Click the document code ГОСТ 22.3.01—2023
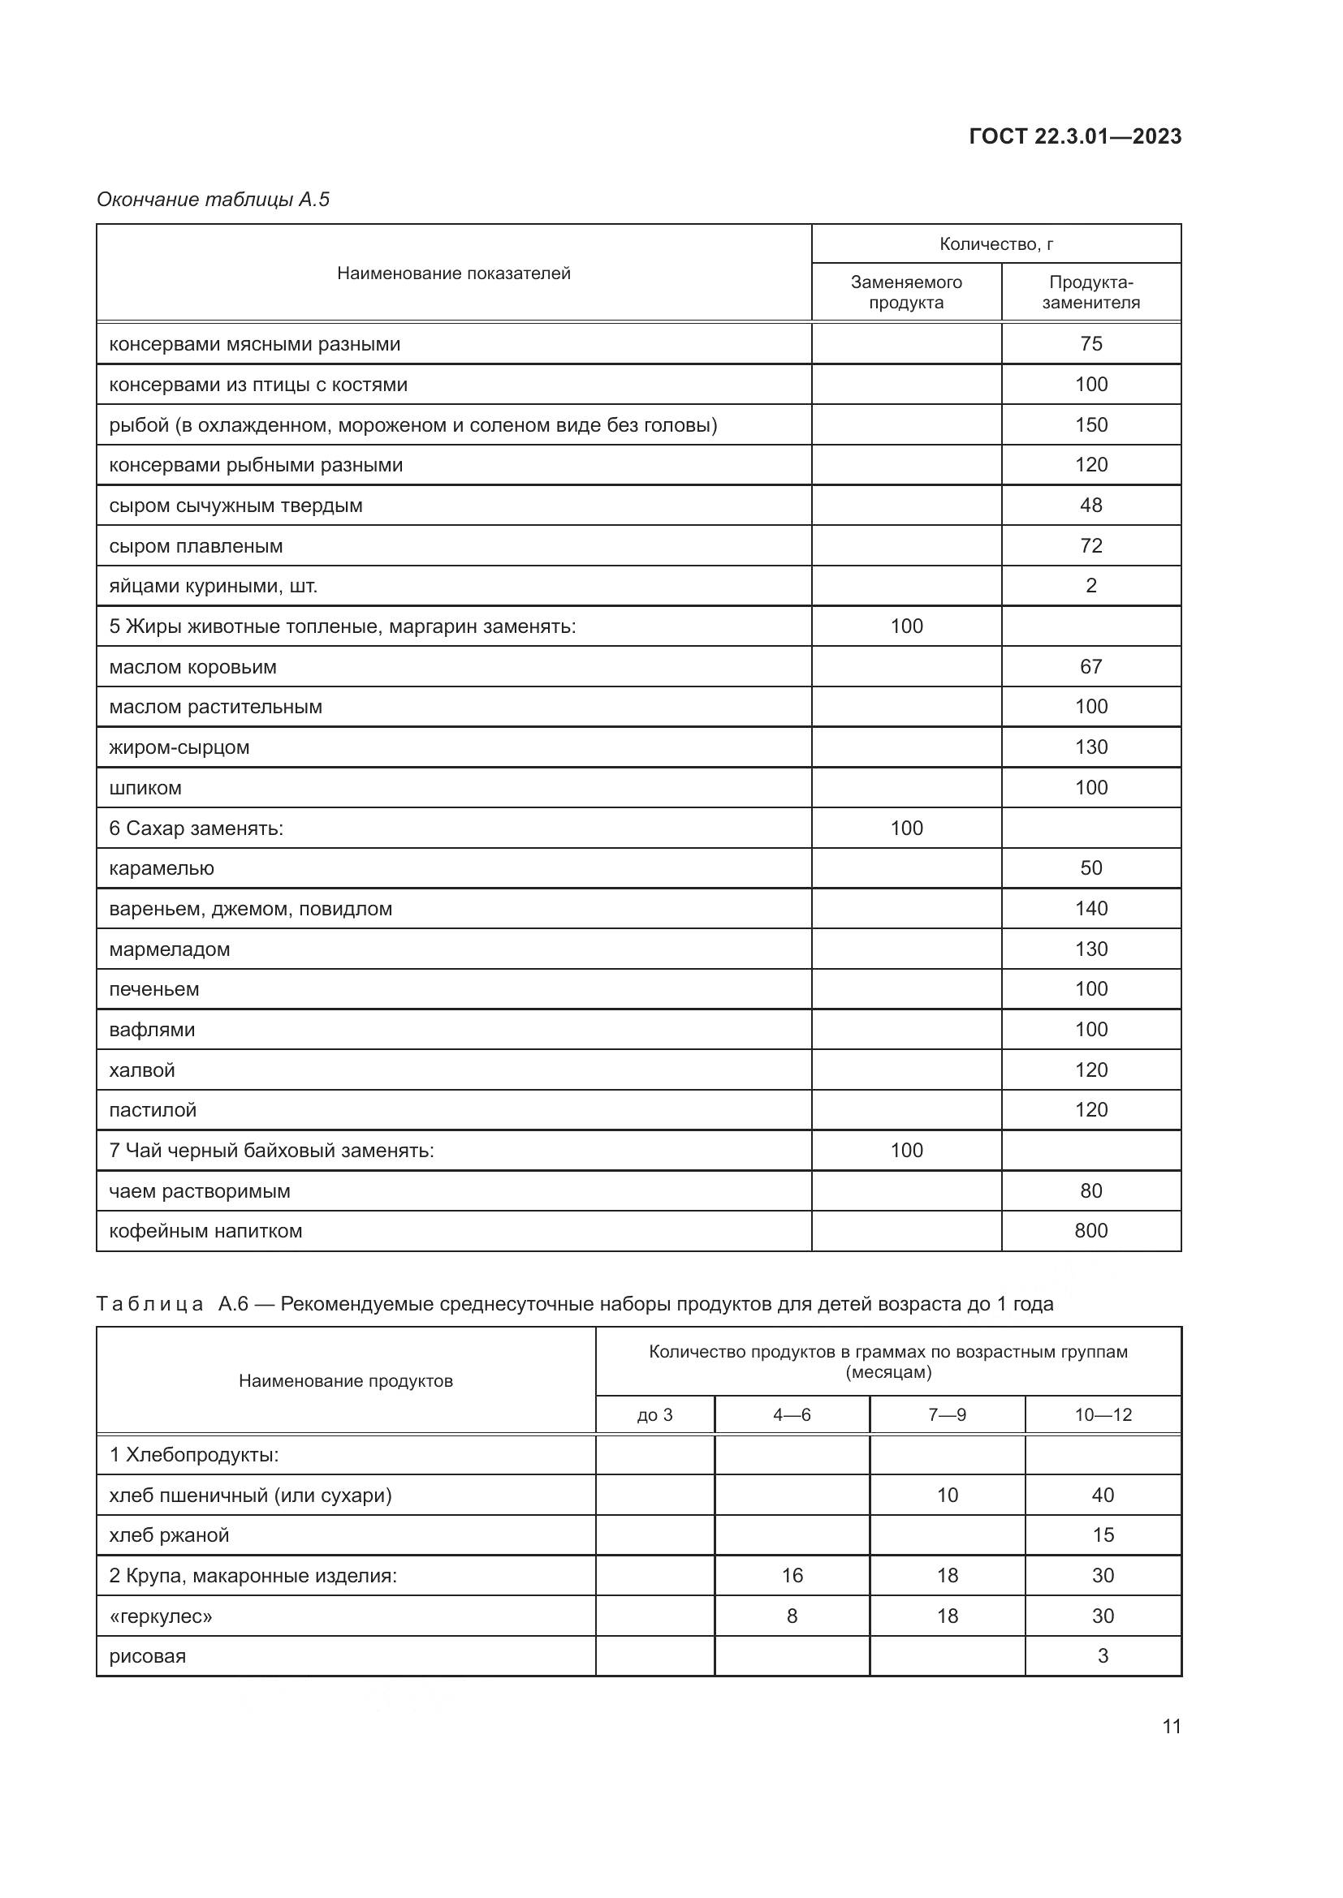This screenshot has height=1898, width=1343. (x=1074, y=136)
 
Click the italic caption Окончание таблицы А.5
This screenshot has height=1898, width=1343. (x=213, y=200)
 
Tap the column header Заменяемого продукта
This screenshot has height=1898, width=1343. (x=905, y=292)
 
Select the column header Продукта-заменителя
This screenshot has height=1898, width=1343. (x=1090, y=292)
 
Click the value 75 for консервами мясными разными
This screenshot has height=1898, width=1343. (x=1090, y=344)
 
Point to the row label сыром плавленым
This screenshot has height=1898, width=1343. (x=196, y=546)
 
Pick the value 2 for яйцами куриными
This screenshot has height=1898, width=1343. (x=1090, y=586)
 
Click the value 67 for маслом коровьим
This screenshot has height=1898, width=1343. (x=1090, y=666)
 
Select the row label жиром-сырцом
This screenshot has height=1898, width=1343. (x=179, y=747)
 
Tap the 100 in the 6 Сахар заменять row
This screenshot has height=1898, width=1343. (x=905, y=828)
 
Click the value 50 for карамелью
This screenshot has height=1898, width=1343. (x=1090, y=868)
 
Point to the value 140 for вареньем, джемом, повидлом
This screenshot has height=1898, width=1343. (x=1090, y=909)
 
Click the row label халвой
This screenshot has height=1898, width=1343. (x=142, y=1070)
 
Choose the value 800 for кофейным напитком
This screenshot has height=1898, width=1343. (x=1090, y=1231)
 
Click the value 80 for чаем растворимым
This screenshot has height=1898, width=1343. (x=1090, y=1191)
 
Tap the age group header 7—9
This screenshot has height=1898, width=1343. (x=946, y=1415)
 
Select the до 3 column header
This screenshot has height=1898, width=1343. (x=654, y=1415)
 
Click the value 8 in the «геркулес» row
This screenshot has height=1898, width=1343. (x=792, y=1616)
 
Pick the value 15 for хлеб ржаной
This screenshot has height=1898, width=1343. (x=1103, y=1535)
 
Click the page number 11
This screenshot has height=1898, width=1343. (x=1171, y=1727)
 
